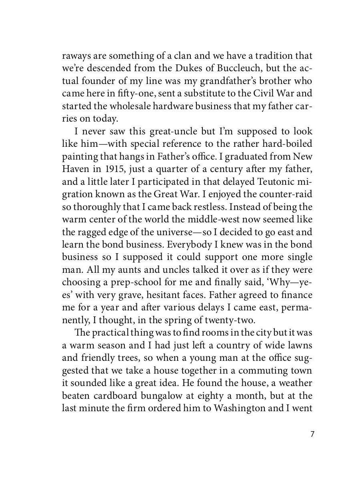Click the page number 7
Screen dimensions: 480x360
(312, 435)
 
